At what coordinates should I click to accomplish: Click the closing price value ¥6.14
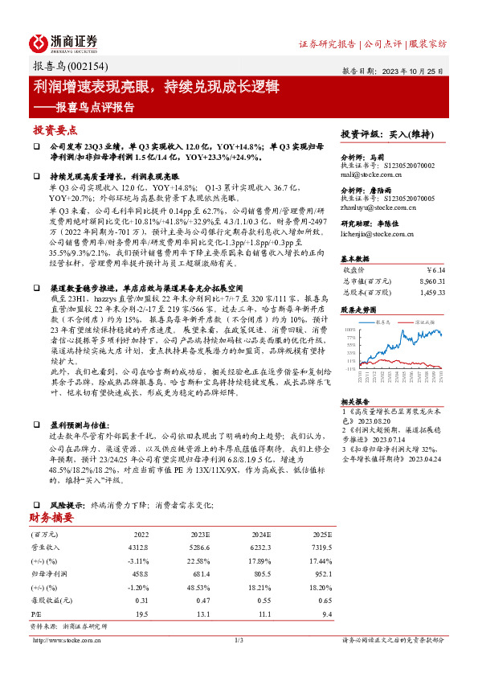[433, 270]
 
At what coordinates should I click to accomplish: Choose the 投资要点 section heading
[55, 130]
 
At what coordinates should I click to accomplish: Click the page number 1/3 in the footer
[239, 640]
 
